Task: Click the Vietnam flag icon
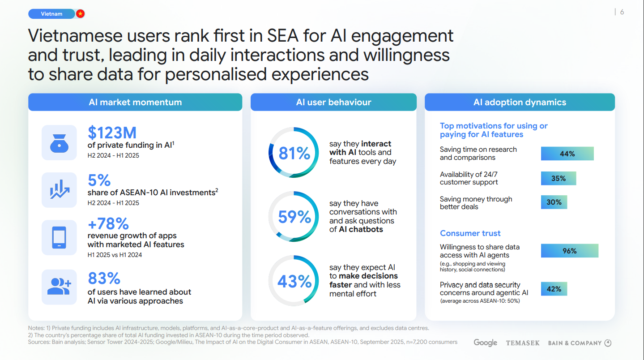[x=80, y=14]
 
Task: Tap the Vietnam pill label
[x=51, y=14]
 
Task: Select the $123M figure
[x=112, y=133]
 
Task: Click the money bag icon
[x=59, y=142]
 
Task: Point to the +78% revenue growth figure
[x=108, y=223]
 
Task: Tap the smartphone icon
[x=59, y=237]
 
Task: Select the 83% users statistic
[x=104, y=279]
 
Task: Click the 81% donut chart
[x=294, y=153]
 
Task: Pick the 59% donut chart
[x=294, y=217]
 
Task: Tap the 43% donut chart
[x=294, y=281]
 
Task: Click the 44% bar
[x=567, y=154]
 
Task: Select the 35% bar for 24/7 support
[x=558, y=178]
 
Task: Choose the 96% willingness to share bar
[x=569, y=251]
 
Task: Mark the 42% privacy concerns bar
[x=554, y=289]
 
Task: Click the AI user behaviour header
[x=333, y=102]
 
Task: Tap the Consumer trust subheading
[x=470, y=233]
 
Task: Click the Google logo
[x=485, y=343]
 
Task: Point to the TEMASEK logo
[x=522, y=343]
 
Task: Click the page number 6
[x=622, y=12]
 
